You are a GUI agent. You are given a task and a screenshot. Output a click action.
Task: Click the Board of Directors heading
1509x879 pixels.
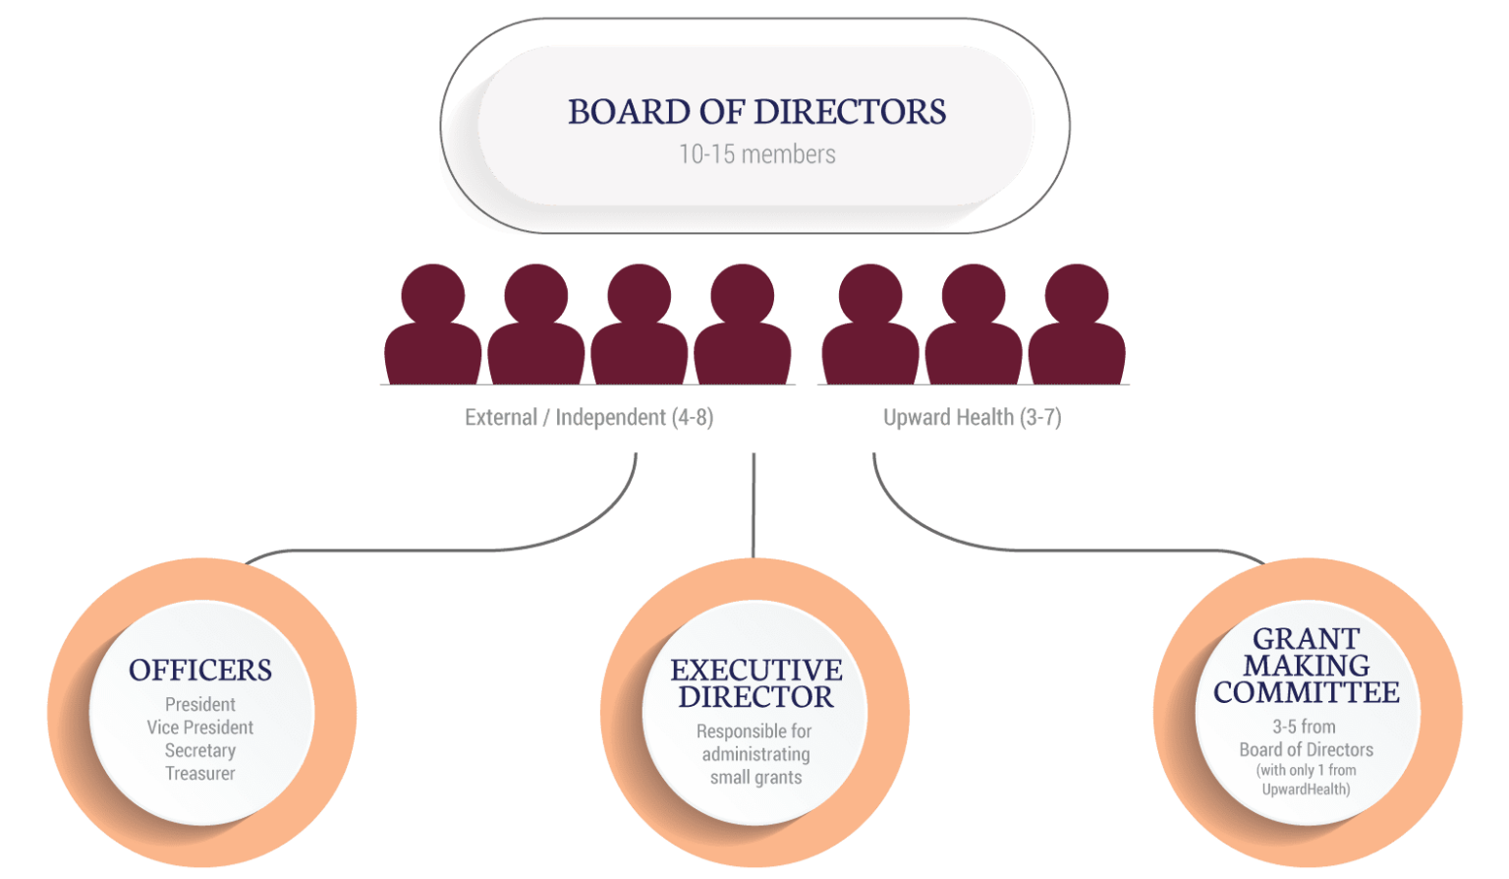pos(756,112)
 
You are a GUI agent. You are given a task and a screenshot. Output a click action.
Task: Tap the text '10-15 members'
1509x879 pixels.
pos(756,154)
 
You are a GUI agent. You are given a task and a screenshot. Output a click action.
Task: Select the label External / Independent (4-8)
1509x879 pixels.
pos(588,418)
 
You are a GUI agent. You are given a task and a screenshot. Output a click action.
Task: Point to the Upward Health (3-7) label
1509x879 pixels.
pos(972,418)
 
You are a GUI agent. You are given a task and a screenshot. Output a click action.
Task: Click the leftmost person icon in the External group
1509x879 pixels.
pos(432,324)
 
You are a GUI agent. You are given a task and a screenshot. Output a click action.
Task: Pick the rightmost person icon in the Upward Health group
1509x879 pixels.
pos(1076,324)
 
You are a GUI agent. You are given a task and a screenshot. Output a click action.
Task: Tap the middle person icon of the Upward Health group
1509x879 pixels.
pos(974,324)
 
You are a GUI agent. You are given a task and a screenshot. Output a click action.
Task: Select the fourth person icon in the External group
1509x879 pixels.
pos(742,324)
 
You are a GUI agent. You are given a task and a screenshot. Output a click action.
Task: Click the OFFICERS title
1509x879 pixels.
pos(200,671)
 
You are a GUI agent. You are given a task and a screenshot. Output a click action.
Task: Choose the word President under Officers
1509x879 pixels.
pos(200,705)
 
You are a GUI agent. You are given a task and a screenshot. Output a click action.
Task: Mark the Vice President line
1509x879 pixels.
pos(200,728)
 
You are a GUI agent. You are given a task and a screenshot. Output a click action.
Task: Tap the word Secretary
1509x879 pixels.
pos(200,750)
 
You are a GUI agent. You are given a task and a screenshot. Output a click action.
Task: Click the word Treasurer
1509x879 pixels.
pos(200,774)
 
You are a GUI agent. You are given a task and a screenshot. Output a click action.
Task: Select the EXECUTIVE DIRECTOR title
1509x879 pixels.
pos(755,683)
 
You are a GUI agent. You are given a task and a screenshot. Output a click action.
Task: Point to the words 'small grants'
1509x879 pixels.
pos(755,778)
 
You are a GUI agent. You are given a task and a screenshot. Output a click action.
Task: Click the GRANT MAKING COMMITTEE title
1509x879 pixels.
pos(1306,666)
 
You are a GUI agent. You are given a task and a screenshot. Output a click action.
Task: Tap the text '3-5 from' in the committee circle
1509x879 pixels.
pos(1305,727)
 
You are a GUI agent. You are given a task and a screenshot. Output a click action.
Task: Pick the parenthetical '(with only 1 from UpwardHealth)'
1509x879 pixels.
pos(1306,780)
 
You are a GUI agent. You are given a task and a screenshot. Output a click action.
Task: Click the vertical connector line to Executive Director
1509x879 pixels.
pos(754,506)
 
